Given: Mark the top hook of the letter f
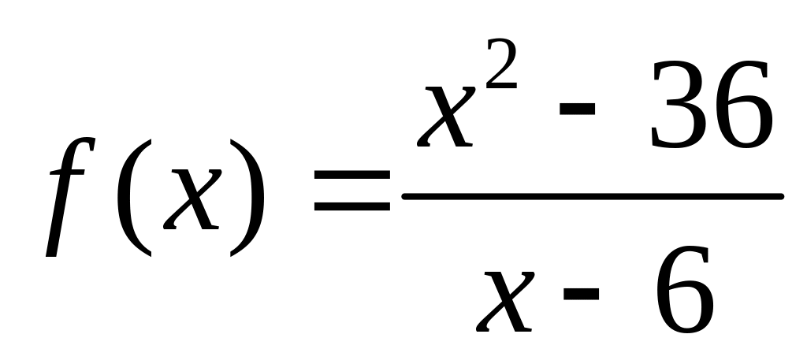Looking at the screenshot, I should pos(88,143).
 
